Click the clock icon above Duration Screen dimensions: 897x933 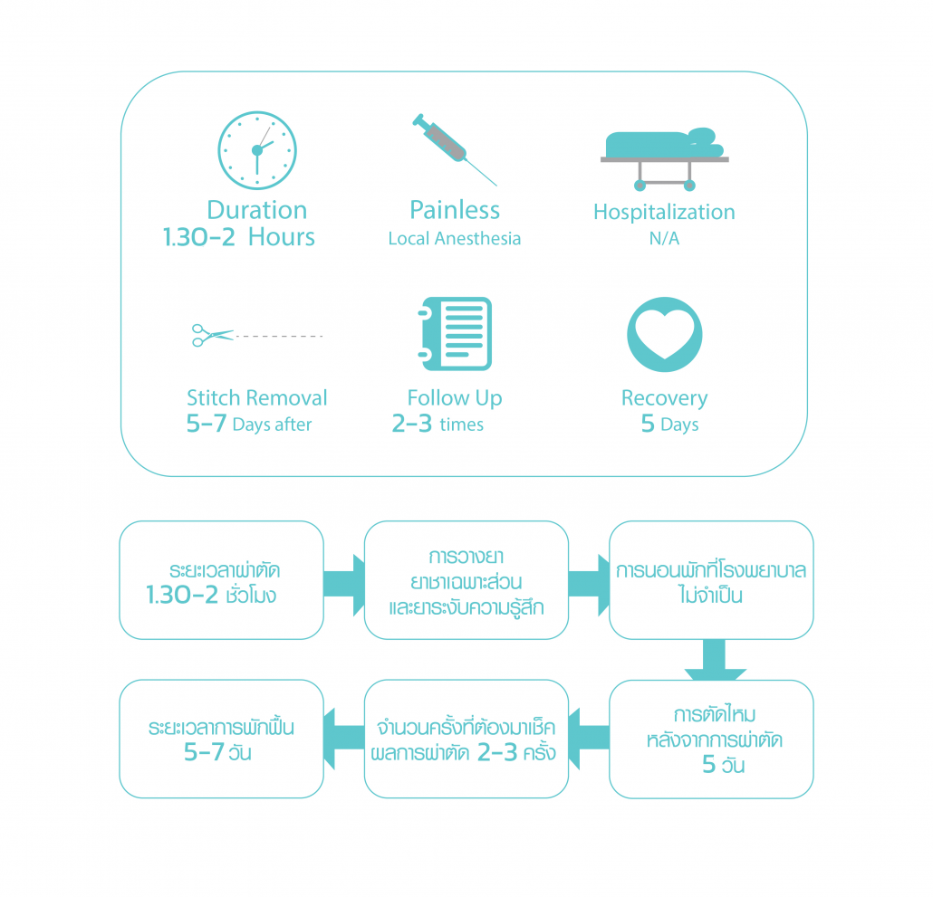[257, 149]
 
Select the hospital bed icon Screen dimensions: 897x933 [664, 158]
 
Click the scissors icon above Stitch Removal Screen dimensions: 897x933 [213, 336]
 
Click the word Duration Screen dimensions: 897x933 [257, 210]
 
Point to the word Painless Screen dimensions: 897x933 [455, 210]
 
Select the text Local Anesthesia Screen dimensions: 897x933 [455, 239]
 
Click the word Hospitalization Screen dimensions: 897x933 [664, 212]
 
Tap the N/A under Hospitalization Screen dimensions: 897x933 [664, 239]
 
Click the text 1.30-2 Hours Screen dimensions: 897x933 [239, 238]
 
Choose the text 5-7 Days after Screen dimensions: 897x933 [249, 425]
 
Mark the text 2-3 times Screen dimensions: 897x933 [438, 425]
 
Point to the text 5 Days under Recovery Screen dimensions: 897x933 [669, 425]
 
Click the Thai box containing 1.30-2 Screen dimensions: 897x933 [221, 580]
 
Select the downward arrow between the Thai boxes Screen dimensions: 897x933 [715, 661]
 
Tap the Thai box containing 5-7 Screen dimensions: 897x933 [221, 739]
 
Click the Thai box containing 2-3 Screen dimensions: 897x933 [466, 739]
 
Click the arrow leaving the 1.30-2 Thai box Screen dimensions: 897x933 [345, 579]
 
